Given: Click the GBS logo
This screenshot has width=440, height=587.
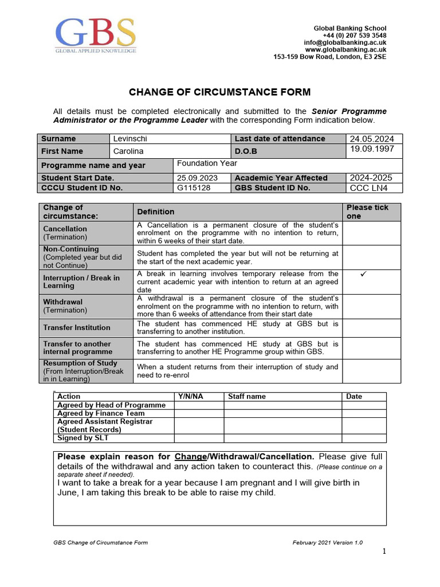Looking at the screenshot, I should pyautogui.click(x=96, y=36).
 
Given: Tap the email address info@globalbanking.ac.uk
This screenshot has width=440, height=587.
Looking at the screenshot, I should pyautogui.click(x=345, y=42).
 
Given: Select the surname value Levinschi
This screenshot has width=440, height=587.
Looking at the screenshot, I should pyautogui.click(x=130, y=139).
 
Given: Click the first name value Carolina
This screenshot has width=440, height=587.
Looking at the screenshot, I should pyautogui.click(x=128, y=151).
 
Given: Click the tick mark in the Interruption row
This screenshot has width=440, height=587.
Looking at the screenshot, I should pyautogui.click(x=363, y=275).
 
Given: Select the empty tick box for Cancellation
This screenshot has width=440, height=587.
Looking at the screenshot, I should pyautogui.click(x=372, y=233).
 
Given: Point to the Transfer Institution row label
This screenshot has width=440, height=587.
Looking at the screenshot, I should pyautogui.click(x=77, y=328).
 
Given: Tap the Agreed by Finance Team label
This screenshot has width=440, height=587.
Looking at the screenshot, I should pyautogui.click(x=101, y=413).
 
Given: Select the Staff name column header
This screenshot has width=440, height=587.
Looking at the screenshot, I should pyautogui.click(x=247, y=396).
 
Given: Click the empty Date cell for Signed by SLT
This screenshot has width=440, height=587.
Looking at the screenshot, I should pyautogui.click(x=364, y=439).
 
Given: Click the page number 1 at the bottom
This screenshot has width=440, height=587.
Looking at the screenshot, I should pyautogui.click(x=384, y=551).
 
